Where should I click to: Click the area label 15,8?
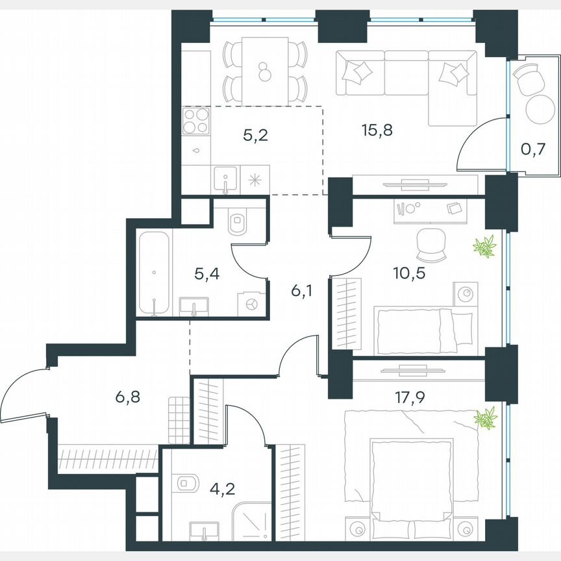pos(377,130)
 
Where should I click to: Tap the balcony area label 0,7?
pos(532,150)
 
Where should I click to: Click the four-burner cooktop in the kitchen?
pos(196,121)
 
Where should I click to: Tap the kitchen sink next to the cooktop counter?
pos(225,180)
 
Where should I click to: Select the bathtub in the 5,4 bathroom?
pos(155,273)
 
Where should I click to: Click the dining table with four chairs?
pos(264,71)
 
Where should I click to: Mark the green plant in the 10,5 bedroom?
pos(484,247)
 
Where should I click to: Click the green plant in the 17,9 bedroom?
pos(485,418)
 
